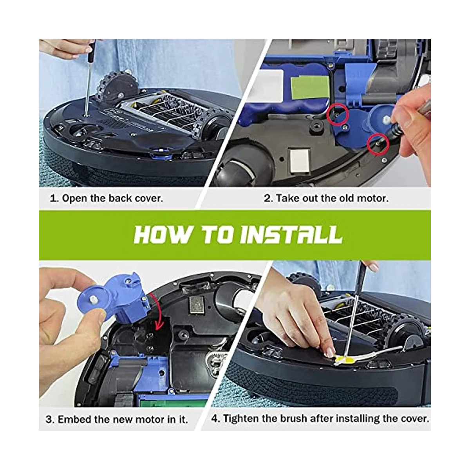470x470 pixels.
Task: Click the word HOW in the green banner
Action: tap(162, 235)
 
